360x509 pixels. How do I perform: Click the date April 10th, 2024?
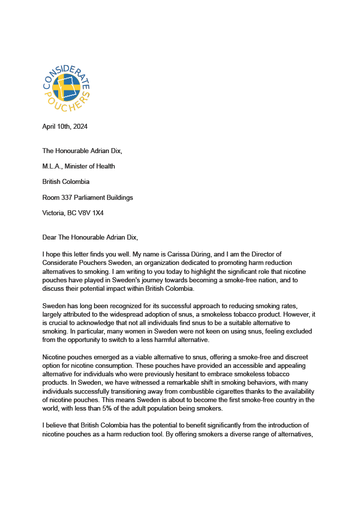coord(65,126)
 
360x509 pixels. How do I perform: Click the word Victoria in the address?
coord(53,213)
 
